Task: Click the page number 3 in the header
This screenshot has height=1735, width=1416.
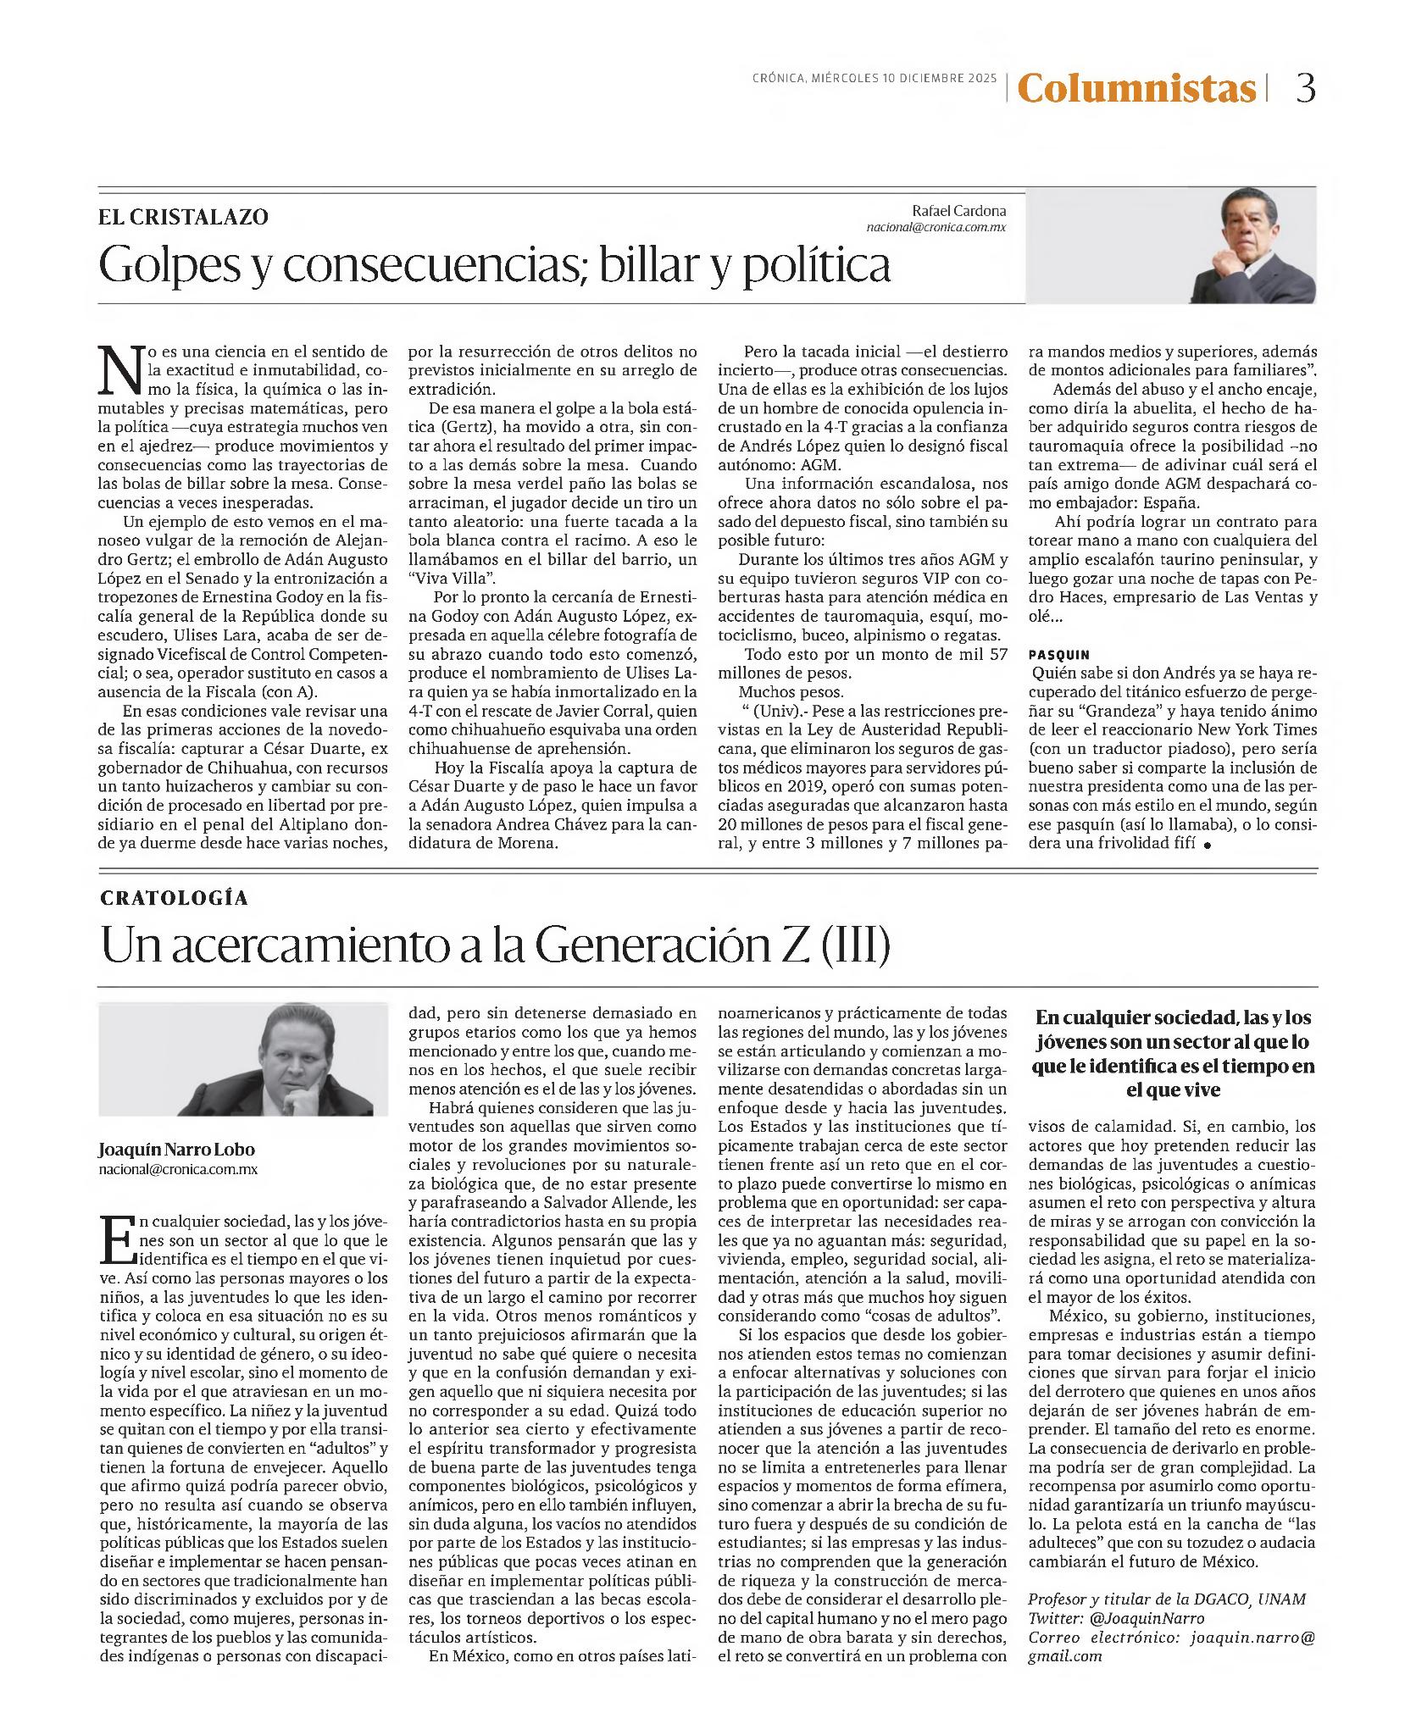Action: (1306, 88)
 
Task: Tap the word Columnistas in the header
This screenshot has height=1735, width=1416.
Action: (1136, 88)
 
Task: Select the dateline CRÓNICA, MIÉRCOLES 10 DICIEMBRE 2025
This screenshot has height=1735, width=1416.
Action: (875, 79)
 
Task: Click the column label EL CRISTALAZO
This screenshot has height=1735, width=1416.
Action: (184, 217)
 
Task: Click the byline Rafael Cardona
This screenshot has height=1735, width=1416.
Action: (958, 210)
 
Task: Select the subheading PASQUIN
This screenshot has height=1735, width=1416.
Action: (1059, 655)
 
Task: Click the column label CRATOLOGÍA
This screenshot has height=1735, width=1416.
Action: (175, 899)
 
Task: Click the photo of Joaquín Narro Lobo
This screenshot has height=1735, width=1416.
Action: (243, 1059)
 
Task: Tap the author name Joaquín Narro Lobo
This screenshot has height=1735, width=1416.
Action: (176, 1150)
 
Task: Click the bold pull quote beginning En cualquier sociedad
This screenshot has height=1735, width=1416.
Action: (1173, 1054)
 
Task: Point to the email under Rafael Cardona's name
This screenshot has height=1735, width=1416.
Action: (936, 228)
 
